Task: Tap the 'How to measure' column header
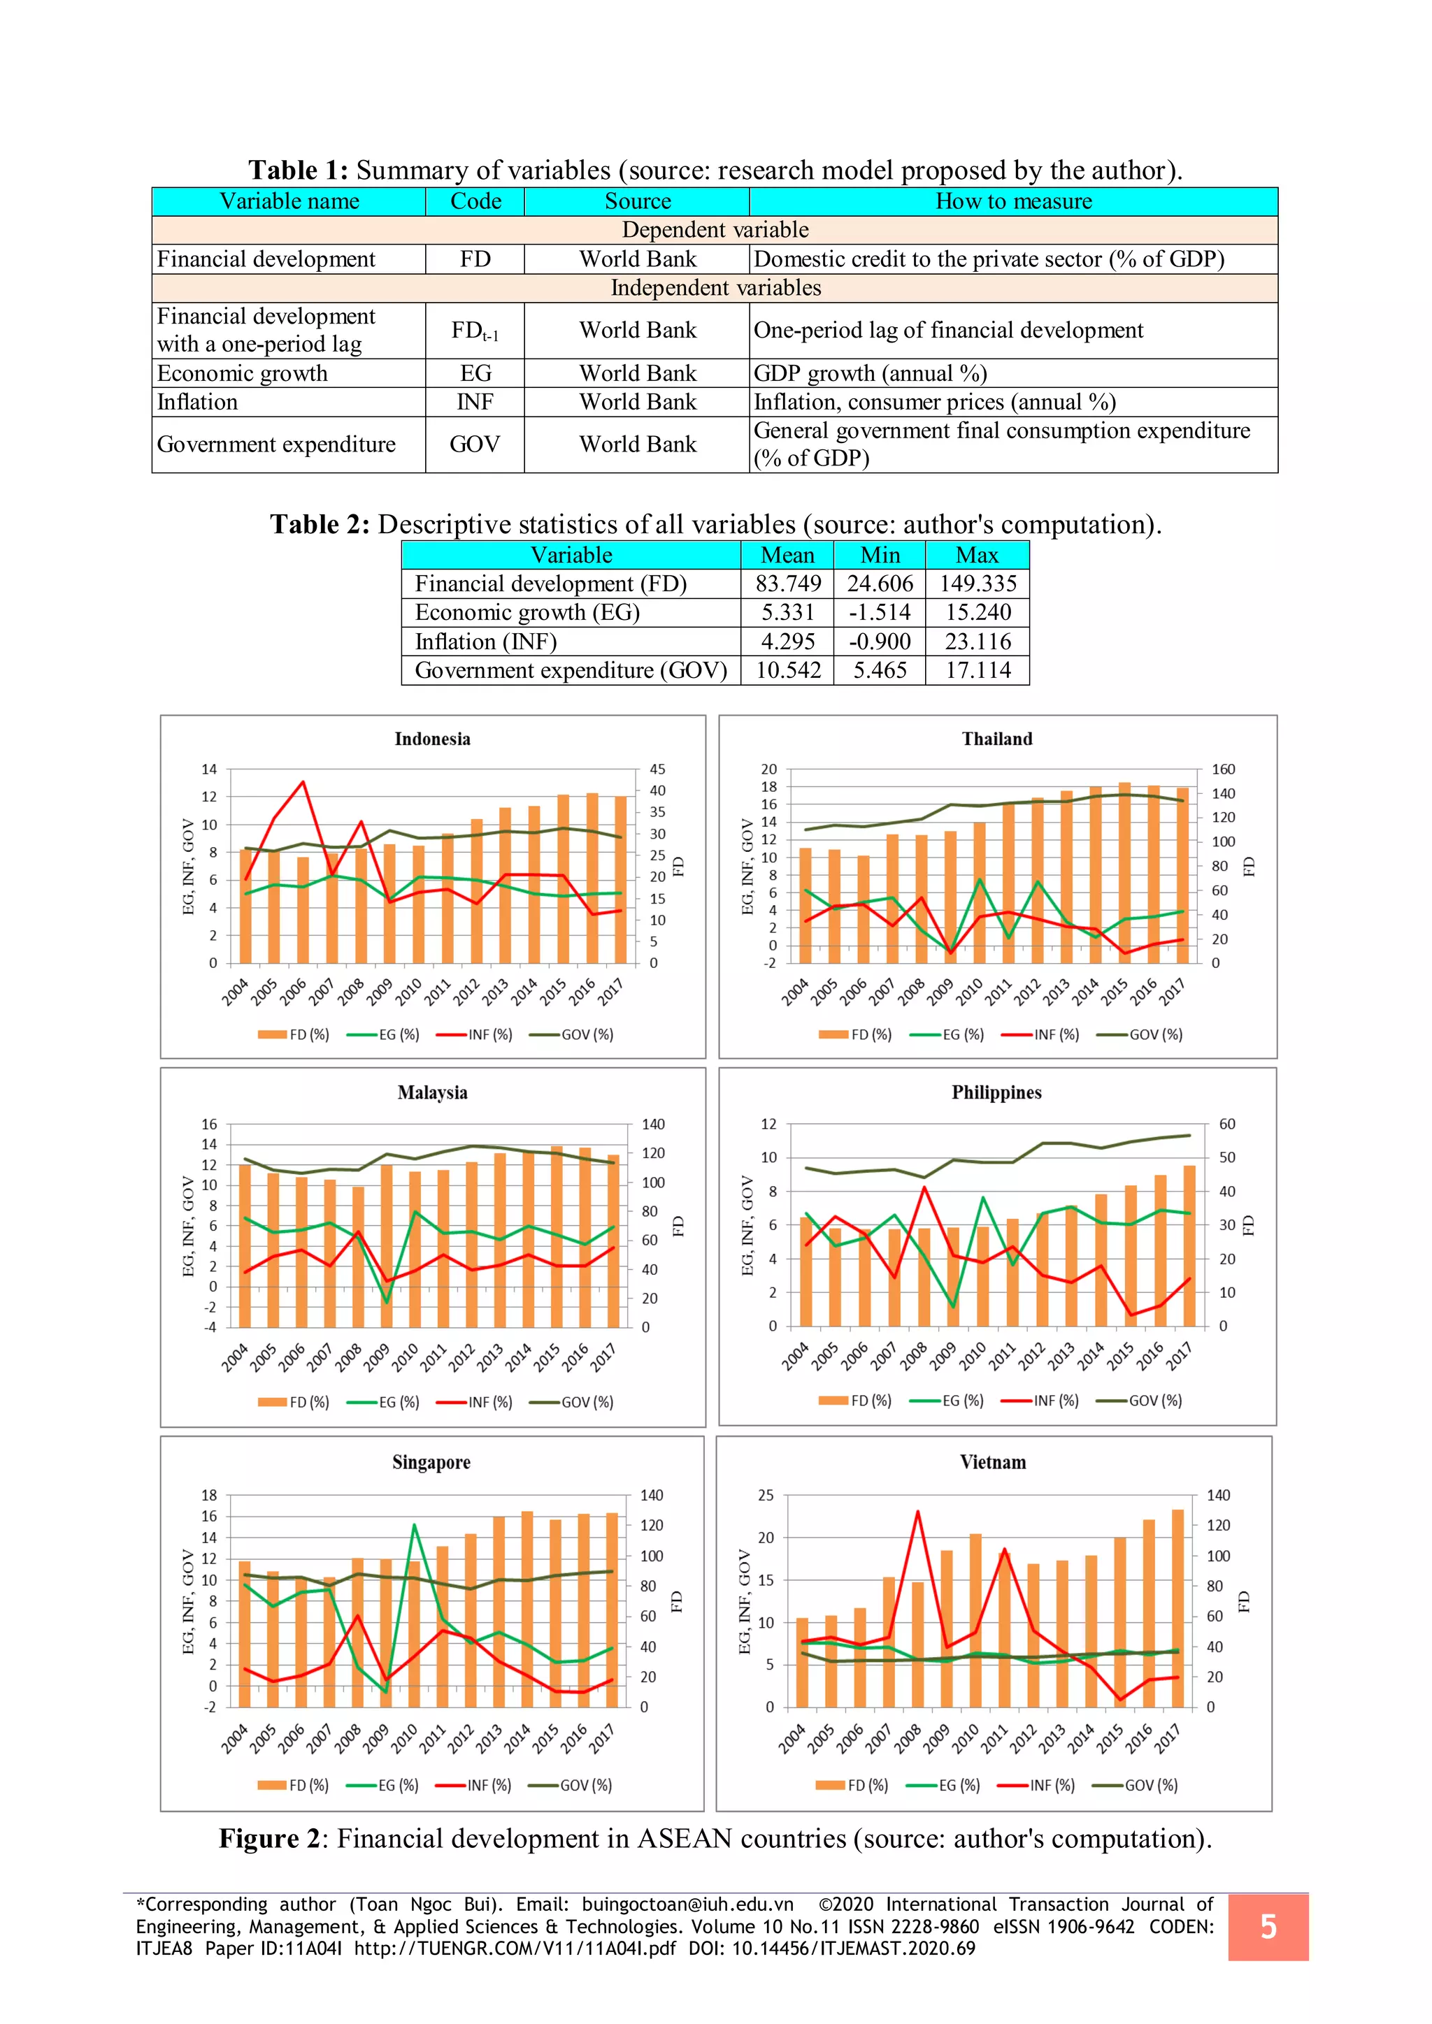[1013, 202]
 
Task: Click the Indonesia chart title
[432, 739]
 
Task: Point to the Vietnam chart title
[993, 1463]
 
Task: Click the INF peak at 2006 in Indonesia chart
[303, 782]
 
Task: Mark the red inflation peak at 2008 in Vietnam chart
[917, 1511]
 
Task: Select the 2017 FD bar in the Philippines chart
[1189, 1245]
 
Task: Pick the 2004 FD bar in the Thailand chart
[804, 904]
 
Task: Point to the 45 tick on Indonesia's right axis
[657, 769]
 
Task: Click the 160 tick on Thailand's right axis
[1223, 769]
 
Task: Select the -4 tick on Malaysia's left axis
[210, 1327]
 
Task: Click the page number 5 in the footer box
[1268, 1927]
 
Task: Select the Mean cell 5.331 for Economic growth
[787, 613]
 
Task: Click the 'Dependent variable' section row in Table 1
[715, 230]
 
